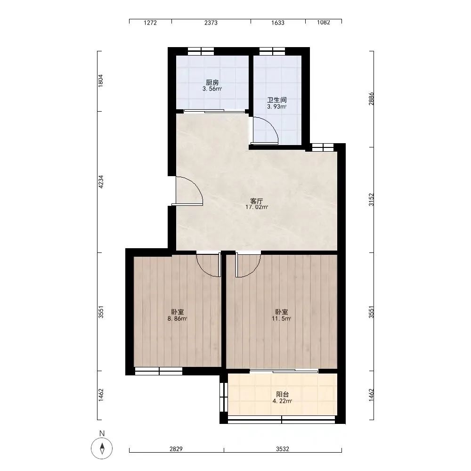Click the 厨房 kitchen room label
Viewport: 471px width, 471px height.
[x=212, y=82]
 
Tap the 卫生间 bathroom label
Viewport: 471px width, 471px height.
[x=276, y=100]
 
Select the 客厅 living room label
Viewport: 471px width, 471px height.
[x=257, y=201]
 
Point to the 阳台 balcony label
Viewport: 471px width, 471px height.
[x=282, y=394]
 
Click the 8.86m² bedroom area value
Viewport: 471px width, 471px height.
[x=178, y=319]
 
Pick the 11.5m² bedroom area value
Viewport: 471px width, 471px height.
[x=282, y=319]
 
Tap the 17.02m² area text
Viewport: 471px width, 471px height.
[x=257, y=207]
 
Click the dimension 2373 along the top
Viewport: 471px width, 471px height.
[x=211, y=23]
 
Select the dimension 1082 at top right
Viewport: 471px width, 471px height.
[x=324, y=22]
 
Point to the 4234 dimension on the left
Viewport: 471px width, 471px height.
[x=101, y=182]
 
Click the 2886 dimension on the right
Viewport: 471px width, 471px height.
[x=372, y=98]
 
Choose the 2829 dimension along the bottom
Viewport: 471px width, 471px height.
[x=176, y=449]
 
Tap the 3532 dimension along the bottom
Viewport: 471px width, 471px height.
[x=282, y=449]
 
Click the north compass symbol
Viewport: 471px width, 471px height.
[x=102, y=448]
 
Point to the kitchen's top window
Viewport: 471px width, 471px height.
[x=201, y=51]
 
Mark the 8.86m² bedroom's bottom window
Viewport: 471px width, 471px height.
[x=159, y=371]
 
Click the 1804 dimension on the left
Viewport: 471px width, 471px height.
[x=101, y=81]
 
